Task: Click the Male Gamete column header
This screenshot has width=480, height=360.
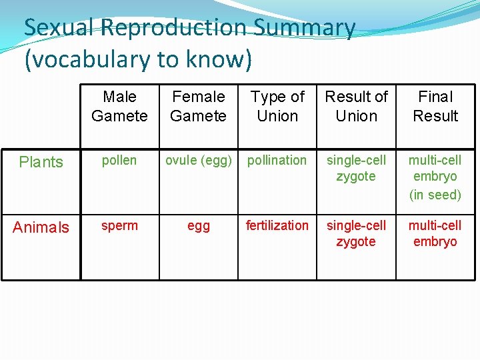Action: coord(119,107)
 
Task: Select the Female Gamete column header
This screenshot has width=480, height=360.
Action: coord(198,107)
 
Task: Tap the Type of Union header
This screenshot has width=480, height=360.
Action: coord(277,107)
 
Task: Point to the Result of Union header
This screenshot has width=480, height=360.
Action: coord(356,107)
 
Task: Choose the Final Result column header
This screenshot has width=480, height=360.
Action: coord(435,107)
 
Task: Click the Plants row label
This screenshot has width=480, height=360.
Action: coord(41,162)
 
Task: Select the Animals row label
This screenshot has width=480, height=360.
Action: coord(41,227)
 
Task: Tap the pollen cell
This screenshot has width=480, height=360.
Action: coord(119,161)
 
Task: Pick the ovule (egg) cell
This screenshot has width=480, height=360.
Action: coord(198,161)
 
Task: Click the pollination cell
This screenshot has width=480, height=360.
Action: coord(277,161)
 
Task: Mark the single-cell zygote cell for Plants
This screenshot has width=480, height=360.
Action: coord(356,168)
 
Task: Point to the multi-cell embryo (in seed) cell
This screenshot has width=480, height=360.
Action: coord(435,177)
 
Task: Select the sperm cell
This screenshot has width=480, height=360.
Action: coord(119,226)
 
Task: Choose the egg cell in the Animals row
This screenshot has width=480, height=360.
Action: coord(198,227)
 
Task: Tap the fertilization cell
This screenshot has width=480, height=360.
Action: coord(277,226)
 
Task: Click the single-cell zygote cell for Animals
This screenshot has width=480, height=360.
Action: coord(356,233)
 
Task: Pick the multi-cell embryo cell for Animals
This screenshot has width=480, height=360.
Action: coord(435,233)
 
